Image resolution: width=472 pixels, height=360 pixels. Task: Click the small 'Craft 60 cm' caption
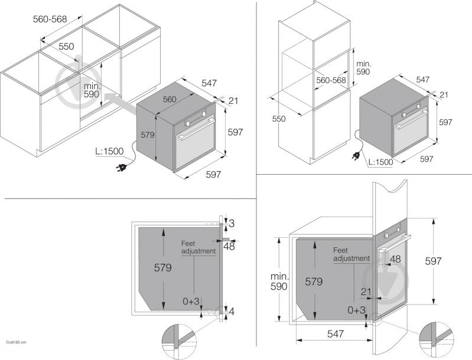pos(17,342)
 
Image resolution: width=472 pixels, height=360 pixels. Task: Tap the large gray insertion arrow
pos(121,103)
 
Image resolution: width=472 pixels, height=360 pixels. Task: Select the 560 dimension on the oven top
pos(170,99)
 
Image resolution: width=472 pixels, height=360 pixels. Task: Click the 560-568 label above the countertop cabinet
pos(50,19)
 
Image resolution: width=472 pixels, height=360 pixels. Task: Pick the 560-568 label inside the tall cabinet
pos(331,80)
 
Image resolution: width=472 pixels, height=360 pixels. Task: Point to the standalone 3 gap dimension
pos(232,224)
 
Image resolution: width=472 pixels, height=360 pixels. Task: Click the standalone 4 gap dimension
pos(232,312)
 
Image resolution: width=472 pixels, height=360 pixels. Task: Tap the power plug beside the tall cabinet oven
pos(356,156)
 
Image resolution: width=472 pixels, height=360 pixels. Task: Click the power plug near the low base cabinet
pos(121,168)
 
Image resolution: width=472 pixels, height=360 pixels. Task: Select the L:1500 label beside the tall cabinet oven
pos(381,162)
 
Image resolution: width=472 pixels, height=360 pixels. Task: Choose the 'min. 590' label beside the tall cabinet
pos(364,68)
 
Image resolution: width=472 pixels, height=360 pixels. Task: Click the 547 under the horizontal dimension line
pos(336,333)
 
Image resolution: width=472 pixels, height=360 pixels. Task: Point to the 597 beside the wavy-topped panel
pos(433,261)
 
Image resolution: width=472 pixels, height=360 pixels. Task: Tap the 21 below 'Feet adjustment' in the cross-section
pos(366,292)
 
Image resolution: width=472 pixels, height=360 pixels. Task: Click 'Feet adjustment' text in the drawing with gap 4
pos(198,247)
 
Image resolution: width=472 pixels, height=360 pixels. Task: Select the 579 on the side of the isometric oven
pos(148,135)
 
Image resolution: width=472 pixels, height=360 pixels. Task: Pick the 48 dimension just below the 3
pos(229,246)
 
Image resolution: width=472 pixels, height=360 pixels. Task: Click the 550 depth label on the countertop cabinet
pos(66,46)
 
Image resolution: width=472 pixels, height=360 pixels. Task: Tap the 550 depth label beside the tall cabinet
pos(279,119)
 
